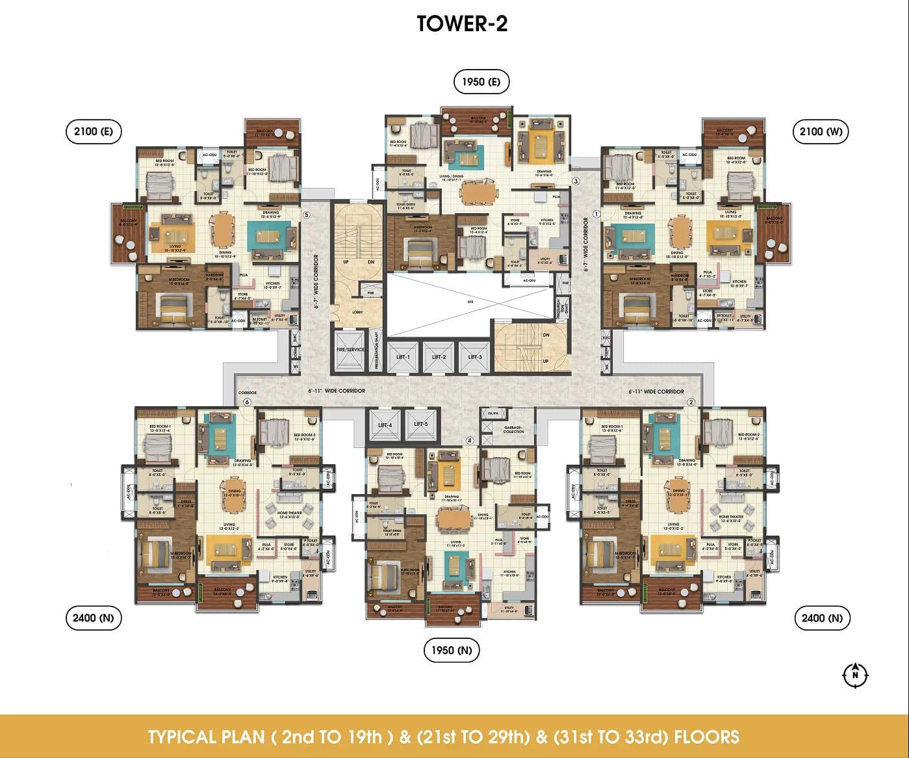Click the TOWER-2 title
pyautogui.click(x=462, y=23)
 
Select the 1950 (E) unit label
pyautogui.click(x=481, y=82)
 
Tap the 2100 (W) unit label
pyautogui.click(x=821, y=131)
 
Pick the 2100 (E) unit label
pyautogui.click(x=93, y=131)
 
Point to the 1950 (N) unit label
pyautogui.click(x=452, y=650)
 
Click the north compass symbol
pyautogui.click(x=855, y=675)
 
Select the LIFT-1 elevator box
pyautogui.click(x=403, y=356)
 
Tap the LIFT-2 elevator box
pyautogui.click(x=439, y=356)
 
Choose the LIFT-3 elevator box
pyautogui.click(x=475, y=356)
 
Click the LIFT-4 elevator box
pyautogui.click(x=385, y=425)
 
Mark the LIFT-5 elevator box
pyautogui.click(x=421, y=425)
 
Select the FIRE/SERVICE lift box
pyautogui.click(x=350, y=350)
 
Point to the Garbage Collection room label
pyautogui.click(x=513, y=430)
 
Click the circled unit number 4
pyautogui.click(x=470, y=440)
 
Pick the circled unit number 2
pyautogui.click(x=691, y=402)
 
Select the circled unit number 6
pyautogui.click(x=247, y=402)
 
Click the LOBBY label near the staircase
pyautogui.click(x=357, y=312)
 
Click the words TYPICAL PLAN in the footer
pyautogui.click(x=206, y=737)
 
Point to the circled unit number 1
pyautogui.click(x=596, y=214)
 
